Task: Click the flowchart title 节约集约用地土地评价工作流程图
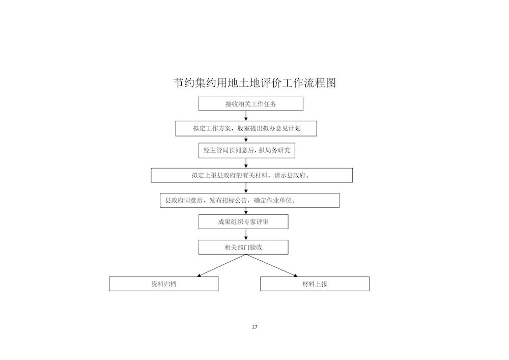coord(255,83)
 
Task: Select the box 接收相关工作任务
coord(251,104)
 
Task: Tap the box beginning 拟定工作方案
coord(246,128)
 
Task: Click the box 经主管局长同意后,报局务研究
coord(247,150)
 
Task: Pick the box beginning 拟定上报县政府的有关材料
coord(251,175)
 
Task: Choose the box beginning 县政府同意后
coord(249,200)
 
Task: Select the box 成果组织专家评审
coord(243,221)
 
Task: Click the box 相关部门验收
coord(243,247)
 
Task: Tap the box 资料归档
coord(163,284)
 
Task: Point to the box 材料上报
coord(315,284)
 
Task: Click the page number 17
coord(254,327)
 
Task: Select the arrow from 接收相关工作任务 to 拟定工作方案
coord(246,116)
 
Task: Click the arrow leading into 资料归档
coord(221,265)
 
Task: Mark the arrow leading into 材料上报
coord(272,265)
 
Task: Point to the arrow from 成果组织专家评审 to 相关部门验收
coord(246,234)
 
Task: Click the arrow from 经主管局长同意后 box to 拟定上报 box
coord(246,163)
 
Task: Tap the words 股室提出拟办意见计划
coord(269,128)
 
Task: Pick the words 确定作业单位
coord(273,200)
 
